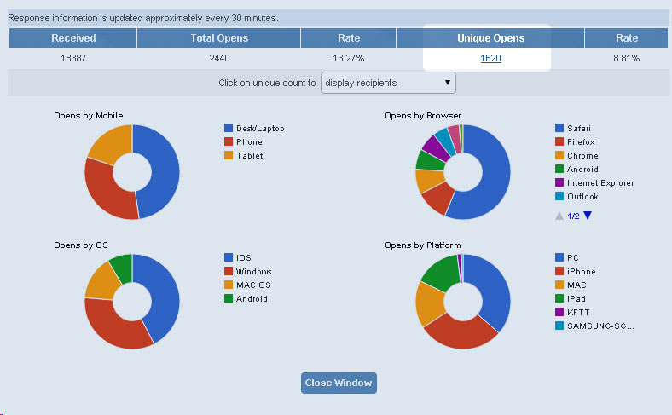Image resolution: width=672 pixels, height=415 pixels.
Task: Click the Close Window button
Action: coord(339,383)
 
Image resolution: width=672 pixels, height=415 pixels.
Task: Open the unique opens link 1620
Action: coord(490,58)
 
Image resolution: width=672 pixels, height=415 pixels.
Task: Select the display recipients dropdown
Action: coord(388,83)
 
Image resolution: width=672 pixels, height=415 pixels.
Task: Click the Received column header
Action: coord(72,38)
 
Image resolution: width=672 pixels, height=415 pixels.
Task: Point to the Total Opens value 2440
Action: coord(219,58)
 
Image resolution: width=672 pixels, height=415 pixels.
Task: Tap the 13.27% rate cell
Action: coord(349,58)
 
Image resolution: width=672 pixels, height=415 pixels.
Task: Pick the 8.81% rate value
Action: coord(627,58)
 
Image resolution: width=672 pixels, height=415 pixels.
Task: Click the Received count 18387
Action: coord(73,58)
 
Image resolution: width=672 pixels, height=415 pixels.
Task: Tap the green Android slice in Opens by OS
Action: coord(121,268)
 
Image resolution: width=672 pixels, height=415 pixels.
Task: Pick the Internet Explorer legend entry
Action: coord(594,183)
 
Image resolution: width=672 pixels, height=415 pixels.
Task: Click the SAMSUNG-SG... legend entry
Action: coord(594,326)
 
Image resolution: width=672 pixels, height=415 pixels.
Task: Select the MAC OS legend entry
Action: coord(247,285)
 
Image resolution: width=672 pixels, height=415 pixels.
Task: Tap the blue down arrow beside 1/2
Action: coord(588,216)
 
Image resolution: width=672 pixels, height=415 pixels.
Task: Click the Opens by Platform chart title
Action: coord(423,245)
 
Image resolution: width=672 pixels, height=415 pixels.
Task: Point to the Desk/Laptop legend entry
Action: coord(254,128)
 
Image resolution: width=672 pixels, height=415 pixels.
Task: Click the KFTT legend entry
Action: coord(572,312)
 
